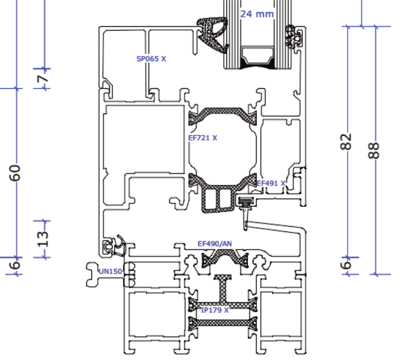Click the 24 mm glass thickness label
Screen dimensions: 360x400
pos(257,14)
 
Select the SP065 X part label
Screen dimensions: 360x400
pos(151,59)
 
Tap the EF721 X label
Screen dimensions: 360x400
pos(202,138)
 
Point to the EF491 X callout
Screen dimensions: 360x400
pos(271,184)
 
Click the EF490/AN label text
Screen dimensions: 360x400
pos(214,244)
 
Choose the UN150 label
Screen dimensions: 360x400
pos(110,272)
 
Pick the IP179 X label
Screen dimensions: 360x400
pos(215,310)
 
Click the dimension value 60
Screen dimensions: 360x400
pos(15,173)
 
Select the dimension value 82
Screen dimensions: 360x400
pos(346,141)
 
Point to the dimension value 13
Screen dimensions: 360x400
pos(43,238)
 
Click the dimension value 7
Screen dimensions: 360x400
pos(43,78)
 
